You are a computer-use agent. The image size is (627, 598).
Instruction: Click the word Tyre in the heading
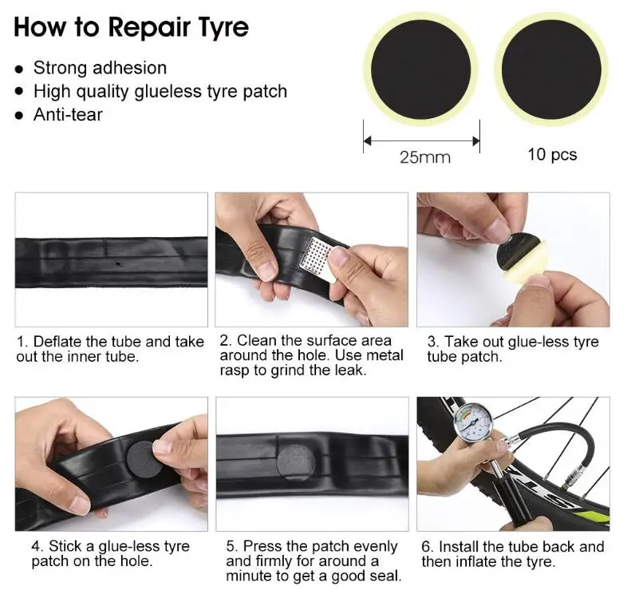tap(219, 28)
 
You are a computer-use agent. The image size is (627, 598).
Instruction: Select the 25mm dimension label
tap(425, 157)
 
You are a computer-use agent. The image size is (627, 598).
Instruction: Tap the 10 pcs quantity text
tap(552, 155)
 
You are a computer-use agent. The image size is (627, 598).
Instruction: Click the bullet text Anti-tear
tap(68, 114)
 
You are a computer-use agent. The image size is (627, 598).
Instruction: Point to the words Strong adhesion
tap(100, 68)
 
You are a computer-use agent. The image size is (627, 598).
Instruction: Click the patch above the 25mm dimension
tap(420, 69)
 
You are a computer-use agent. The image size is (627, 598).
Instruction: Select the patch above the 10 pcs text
tap(551, 69)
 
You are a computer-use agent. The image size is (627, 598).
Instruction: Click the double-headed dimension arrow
tap(421, 141)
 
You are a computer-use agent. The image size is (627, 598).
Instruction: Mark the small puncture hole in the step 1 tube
tap(118, 263)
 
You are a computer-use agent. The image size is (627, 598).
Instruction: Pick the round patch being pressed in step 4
tap(143, 459)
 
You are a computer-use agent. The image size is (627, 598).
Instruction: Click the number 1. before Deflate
tap(23, 342)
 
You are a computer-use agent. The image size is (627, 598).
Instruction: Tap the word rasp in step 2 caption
tap(235, 370)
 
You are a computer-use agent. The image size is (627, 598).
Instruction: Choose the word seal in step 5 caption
tap(386, 576)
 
